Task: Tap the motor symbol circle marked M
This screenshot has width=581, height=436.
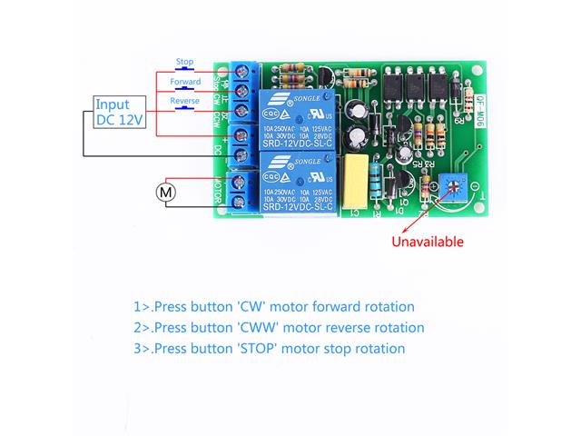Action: tap(165, 192)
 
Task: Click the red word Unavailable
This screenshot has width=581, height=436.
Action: tap(427, 242)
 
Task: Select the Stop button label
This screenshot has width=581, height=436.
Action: tap(184, 63)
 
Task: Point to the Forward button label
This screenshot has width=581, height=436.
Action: tap(185, 82)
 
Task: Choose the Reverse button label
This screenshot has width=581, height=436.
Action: tap(185, 101)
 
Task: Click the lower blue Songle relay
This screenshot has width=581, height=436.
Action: tap(300, 183)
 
